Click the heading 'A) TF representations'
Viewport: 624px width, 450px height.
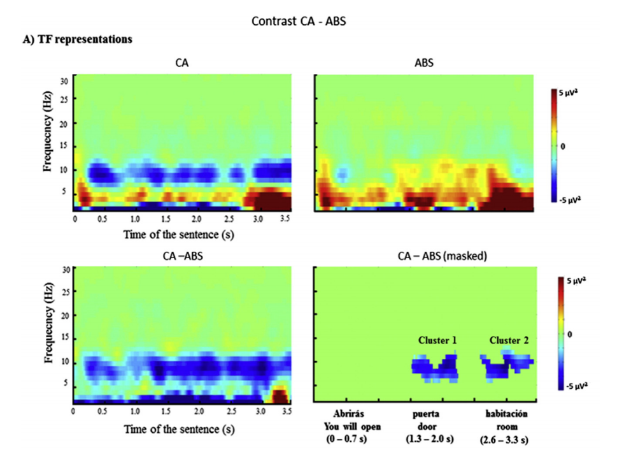click(77, 40)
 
